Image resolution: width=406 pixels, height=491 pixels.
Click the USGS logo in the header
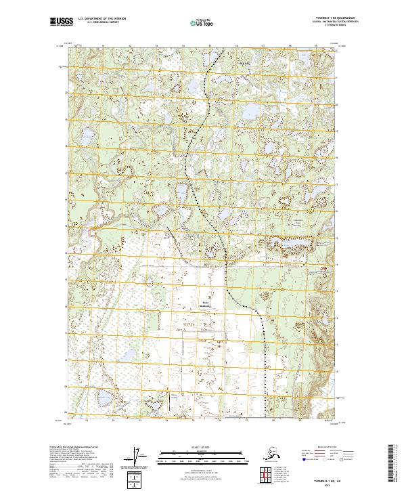click(x=60, y=22)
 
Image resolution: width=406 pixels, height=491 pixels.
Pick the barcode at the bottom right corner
click(x=394, y=465)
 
